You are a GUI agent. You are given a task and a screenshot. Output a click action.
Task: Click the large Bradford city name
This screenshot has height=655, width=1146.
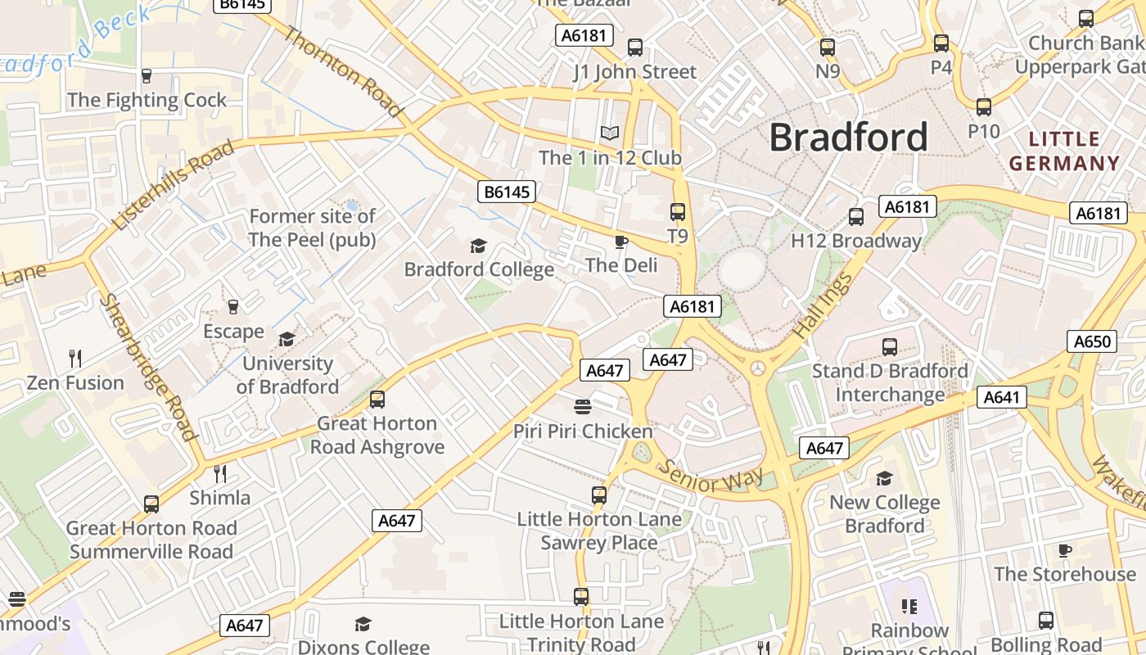click(848, 137)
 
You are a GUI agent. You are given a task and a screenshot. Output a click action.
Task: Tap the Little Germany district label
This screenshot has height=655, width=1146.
click(1063, 151)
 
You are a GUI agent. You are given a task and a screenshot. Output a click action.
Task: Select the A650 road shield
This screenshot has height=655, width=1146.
click(1092, 341)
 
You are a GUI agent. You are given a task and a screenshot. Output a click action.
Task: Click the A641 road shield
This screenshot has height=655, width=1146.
click(1001, 398)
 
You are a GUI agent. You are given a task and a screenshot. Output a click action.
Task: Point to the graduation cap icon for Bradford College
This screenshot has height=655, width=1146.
click(478, 246)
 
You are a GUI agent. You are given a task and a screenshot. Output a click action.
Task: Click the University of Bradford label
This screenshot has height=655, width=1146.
click(287, 375)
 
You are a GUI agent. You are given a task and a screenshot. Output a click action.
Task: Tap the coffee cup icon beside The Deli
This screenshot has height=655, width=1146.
click(621, 242)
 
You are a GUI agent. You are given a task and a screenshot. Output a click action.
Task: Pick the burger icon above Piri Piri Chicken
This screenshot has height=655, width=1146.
click(583, 407)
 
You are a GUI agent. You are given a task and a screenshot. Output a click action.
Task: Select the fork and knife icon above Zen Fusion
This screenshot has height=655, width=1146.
click(75, 358)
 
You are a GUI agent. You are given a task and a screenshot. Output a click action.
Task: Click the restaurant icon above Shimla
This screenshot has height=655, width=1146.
click(219, 473)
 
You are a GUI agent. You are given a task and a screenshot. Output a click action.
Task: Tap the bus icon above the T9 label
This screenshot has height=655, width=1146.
click(678, 212)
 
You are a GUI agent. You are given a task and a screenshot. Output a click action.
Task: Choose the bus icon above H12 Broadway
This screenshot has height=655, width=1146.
click(856, 217)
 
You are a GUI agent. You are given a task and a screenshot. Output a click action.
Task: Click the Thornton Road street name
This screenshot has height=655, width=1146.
click(343, 72)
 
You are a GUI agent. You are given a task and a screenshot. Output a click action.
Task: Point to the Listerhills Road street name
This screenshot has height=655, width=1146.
click(173, 185)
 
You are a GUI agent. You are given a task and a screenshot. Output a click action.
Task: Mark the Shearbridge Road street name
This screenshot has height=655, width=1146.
click(149, 368)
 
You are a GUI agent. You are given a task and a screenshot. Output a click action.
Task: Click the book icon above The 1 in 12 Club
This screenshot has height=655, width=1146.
click(609, 133)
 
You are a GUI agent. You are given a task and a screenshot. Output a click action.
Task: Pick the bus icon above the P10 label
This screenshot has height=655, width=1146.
click(984, 106)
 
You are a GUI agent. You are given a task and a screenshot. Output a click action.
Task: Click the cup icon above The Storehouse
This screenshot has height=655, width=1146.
click(1064, 550)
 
